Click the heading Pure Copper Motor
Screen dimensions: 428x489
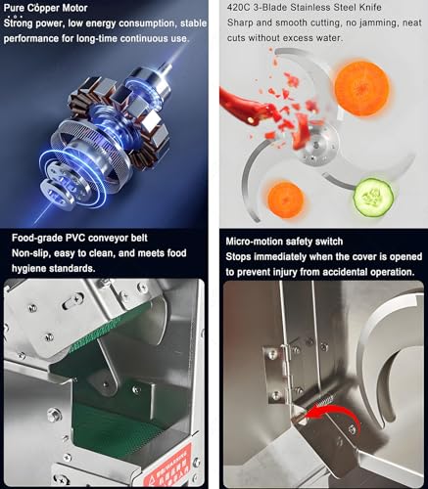(45, 8)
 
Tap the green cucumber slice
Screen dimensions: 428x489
(373, 197)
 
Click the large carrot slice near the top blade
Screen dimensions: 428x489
(361, 89)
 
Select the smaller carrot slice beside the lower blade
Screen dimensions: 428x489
(286, 200)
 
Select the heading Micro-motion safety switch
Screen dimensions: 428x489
(284, 242)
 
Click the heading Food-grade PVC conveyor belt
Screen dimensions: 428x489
(79, 238)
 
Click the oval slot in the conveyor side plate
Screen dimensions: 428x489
(72, 302)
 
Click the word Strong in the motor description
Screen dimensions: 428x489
(19, 23)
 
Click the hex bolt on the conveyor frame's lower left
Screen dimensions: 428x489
(54, 415)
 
